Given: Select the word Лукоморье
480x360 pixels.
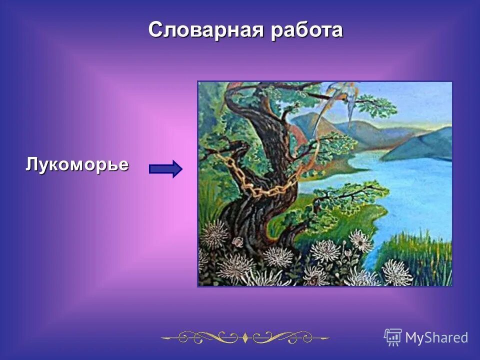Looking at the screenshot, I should coord(77,164).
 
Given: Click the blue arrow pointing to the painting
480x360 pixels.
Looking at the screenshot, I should coord(165,169).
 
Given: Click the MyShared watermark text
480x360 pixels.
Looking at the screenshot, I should coord(436,337).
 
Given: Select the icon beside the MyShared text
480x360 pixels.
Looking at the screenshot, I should coord(393,337).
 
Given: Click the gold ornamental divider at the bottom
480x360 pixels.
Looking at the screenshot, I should coord(245,337).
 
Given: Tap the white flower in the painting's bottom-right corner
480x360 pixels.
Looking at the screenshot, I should coord(397,272).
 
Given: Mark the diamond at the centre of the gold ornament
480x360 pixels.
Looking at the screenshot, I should coord(245,338).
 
